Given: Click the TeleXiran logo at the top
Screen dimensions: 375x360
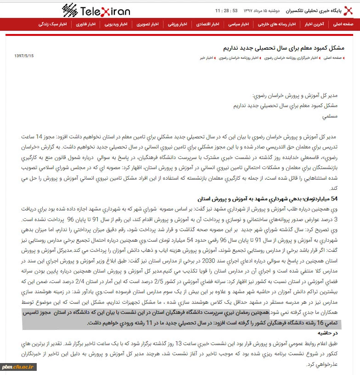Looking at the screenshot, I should coord(96,10).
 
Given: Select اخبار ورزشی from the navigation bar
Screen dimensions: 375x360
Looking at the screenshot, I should coord(177,24).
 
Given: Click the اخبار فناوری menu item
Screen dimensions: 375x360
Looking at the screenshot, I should coord(86,24).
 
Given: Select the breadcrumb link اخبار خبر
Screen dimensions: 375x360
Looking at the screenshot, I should coord(208,58).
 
